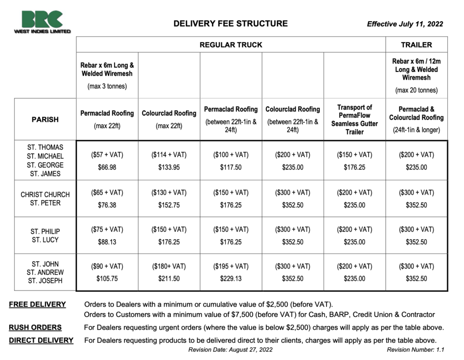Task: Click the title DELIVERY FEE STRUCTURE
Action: (230, 24)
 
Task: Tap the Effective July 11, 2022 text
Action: (405, 24)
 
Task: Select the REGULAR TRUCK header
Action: (231, 45)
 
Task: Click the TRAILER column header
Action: (416, 45)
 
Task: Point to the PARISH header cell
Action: (45, 120)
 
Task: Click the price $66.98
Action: (107, 167)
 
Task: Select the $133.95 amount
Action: (169, 167)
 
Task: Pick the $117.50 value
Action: (231, 167)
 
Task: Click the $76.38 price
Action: (107, 205)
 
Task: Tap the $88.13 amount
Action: (107, 242)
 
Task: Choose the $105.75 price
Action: (107, 278)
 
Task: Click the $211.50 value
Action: (169, 278)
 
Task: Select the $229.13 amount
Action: (231, 278)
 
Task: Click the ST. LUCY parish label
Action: (45, 240)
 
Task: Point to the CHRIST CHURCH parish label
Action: (45, 195)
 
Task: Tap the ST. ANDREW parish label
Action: (45, 273)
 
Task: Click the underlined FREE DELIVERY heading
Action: (37, 304)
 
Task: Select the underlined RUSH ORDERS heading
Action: (35, 327)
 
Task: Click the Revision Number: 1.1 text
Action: (415, 350)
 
